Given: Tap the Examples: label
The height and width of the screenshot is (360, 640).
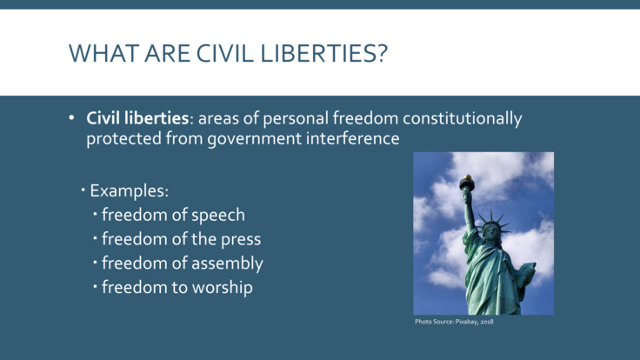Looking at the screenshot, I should (129, 190).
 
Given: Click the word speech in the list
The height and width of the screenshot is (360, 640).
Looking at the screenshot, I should (216, 214).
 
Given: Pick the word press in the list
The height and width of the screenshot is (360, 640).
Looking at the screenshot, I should (240, 238).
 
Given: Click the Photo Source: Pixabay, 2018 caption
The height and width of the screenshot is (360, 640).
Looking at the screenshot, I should (454, 323).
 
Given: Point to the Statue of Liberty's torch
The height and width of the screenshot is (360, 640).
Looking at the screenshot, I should (467, 182).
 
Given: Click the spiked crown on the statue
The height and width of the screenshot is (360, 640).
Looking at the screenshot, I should (491, 218).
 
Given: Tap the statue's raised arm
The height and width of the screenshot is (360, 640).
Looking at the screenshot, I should (470, 209).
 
